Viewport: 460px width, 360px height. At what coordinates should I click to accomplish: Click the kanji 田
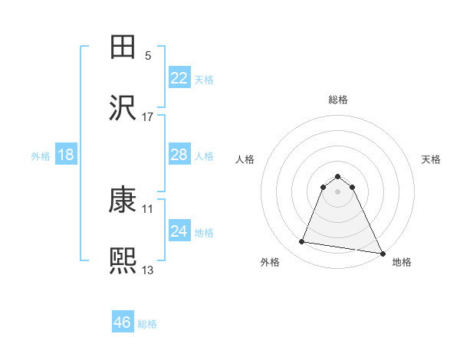coord(123,47)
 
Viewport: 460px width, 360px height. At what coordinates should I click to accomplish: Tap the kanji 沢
coord(123,108)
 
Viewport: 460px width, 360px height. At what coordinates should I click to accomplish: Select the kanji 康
coord(123,200)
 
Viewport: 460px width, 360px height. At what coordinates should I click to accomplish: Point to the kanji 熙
coord(123,261)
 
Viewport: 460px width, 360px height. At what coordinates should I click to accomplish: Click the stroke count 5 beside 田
coord(148,56)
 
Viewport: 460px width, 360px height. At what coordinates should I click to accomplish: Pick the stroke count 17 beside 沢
coord(148,117)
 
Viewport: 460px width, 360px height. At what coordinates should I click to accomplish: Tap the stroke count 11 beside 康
coord(148,208)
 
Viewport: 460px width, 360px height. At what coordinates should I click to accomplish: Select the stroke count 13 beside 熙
coord(148,270)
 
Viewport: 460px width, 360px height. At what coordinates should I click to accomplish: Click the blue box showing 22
coord(179,78)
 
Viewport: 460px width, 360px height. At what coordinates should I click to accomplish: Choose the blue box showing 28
coord(179,155)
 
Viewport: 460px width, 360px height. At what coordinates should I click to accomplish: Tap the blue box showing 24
coord(179,231)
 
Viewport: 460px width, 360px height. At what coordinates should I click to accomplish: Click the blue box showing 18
coord(66,155)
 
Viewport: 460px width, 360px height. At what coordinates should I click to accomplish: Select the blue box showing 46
coord(123,322)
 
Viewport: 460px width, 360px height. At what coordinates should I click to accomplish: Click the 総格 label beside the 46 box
coord(147,324)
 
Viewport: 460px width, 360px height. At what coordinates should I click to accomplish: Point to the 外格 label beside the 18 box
coord(41,156)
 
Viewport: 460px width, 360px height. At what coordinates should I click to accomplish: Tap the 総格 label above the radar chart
coord(338,100)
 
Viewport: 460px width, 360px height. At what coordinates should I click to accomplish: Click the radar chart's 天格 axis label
coord(431,159)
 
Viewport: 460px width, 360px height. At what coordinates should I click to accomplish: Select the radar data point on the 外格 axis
coord(302,242)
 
